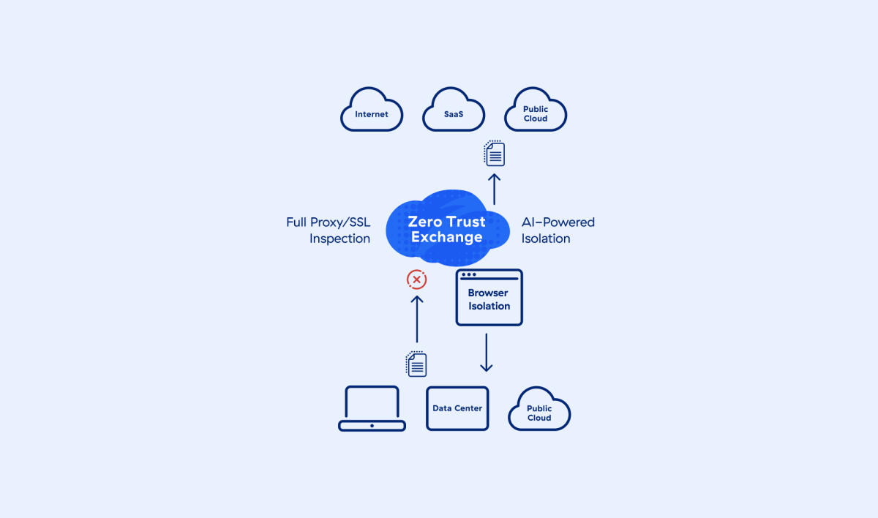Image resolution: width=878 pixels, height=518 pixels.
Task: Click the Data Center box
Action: [x=457, y=408]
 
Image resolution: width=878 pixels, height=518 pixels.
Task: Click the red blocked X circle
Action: [x=416, y=279]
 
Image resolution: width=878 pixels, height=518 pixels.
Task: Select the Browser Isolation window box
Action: [x=489, y=298]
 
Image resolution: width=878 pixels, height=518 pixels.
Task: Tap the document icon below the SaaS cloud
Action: [x=495, y=153]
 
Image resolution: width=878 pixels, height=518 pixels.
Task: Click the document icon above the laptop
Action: [x=416, y=364]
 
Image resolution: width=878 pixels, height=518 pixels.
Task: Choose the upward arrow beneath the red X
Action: [x=416, y=319]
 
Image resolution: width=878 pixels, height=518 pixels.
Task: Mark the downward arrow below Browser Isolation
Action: [x=487, y=353]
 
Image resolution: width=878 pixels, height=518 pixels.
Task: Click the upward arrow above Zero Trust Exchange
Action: [x=495, y=189]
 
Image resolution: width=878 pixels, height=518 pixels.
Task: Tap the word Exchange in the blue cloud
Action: [x=446, y=237]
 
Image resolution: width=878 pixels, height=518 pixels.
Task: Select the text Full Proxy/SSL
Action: [x=329, y=222]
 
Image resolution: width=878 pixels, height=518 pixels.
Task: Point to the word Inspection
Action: [x=339, y=239]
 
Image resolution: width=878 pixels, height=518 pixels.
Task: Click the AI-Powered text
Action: [x=558, y=222]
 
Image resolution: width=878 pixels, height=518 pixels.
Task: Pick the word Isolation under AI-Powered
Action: [x=546, y=239]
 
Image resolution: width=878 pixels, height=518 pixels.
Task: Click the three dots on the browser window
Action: [x=469, y=275]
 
